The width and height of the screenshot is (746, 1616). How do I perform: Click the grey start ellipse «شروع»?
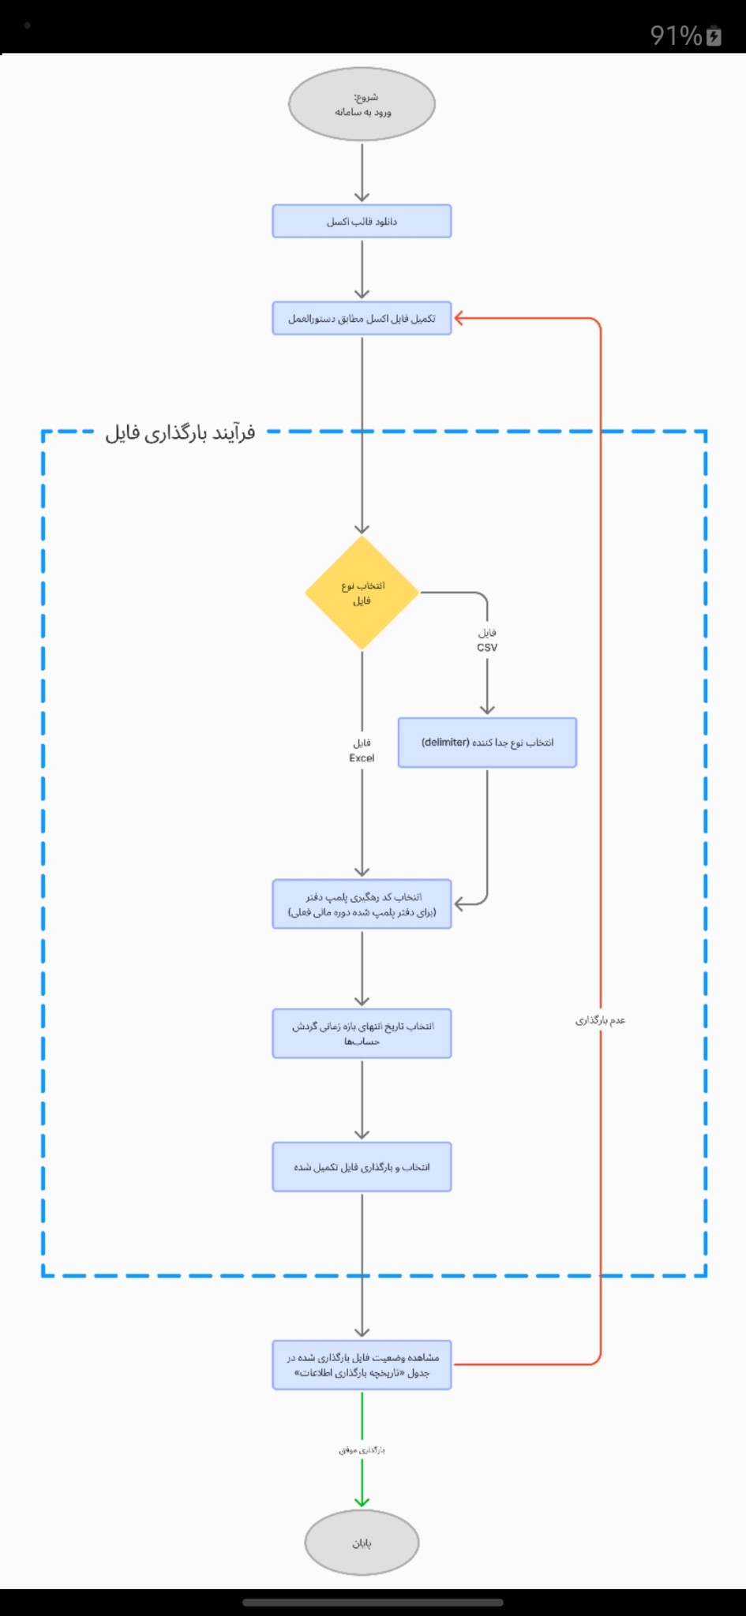pos(362,104)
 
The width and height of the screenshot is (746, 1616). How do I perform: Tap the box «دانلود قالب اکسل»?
pos(362,221)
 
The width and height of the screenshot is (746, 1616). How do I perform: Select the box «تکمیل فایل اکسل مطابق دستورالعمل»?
pos(362,318)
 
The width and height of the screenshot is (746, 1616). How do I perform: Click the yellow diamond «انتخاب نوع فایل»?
pos(362,593)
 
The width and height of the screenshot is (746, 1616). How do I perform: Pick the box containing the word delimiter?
pos(487,743)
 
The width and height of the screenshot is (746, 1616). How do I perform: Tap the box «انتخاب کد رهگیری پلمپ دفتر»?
pos(362,904)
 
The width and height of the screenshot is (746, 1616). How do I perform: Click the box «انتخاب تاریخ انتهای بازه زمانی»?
pos(362,1033)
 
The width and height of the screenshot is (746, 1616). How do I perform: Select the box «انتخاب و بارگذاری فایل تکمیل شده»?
pos(362,1167)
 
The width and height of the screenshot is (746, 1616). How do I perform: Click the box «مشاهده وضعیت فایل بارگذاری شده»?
pos(362,1365)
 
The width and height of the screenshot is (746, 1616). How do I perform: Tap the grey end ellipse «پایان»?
pos(362,1543)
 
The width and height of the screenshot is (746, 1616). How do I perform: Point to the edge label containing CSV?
pos(487,640)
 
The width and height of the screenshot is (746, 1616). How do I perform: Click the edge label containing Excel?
pos(362,750)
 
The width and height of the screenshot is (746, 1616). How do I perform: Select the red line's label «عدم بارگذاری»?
pos(600,1020)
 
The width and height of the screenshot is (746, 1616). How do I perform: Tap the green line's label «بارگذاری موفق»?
pos(362,1450)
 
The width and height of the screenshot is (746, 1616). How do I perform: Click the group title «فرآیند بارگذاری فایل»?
pos(181,432)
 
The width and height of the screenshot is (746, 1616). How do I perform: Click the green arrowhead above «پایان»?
pos(362,1501)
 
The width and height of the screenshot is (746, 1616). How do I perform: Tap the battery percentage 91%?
pos(676,36)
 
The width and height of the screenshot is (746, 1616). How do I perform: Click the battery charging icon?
pos(714,36)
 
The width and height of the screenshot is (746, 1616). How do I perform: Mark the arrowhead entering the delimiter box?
pos(487,709)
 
